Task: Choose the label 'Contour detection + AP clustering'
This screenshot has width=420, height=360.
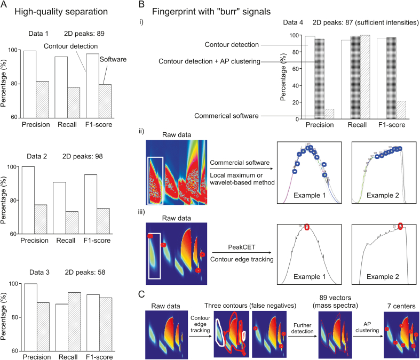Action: tap(209, 62)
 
